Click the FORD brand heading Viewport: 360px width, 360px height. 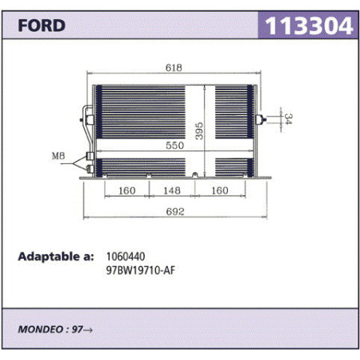click(x=41, y=25)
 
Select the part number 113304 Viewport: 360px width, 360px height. click(x=309, y=25)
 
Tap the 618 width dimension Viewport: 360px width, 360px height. click(x=174, y=68)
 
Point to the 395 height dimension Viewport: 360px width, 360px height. click(x=199, y=131)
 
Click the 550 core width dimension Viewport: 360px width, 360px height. click(x=174, y=145)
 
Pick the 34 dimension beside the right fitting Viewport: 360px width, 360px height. click(x=288, y=119)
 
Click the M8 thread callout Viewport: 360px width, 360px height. click(x=58, y=156)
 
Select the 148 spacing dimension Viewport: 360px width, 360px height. click(x=172, y=190)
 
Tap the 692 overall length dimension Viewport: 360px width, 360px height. click(x=175, y=212)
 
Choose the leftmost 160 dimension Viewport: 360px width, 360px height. click(x=127, y=190)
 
